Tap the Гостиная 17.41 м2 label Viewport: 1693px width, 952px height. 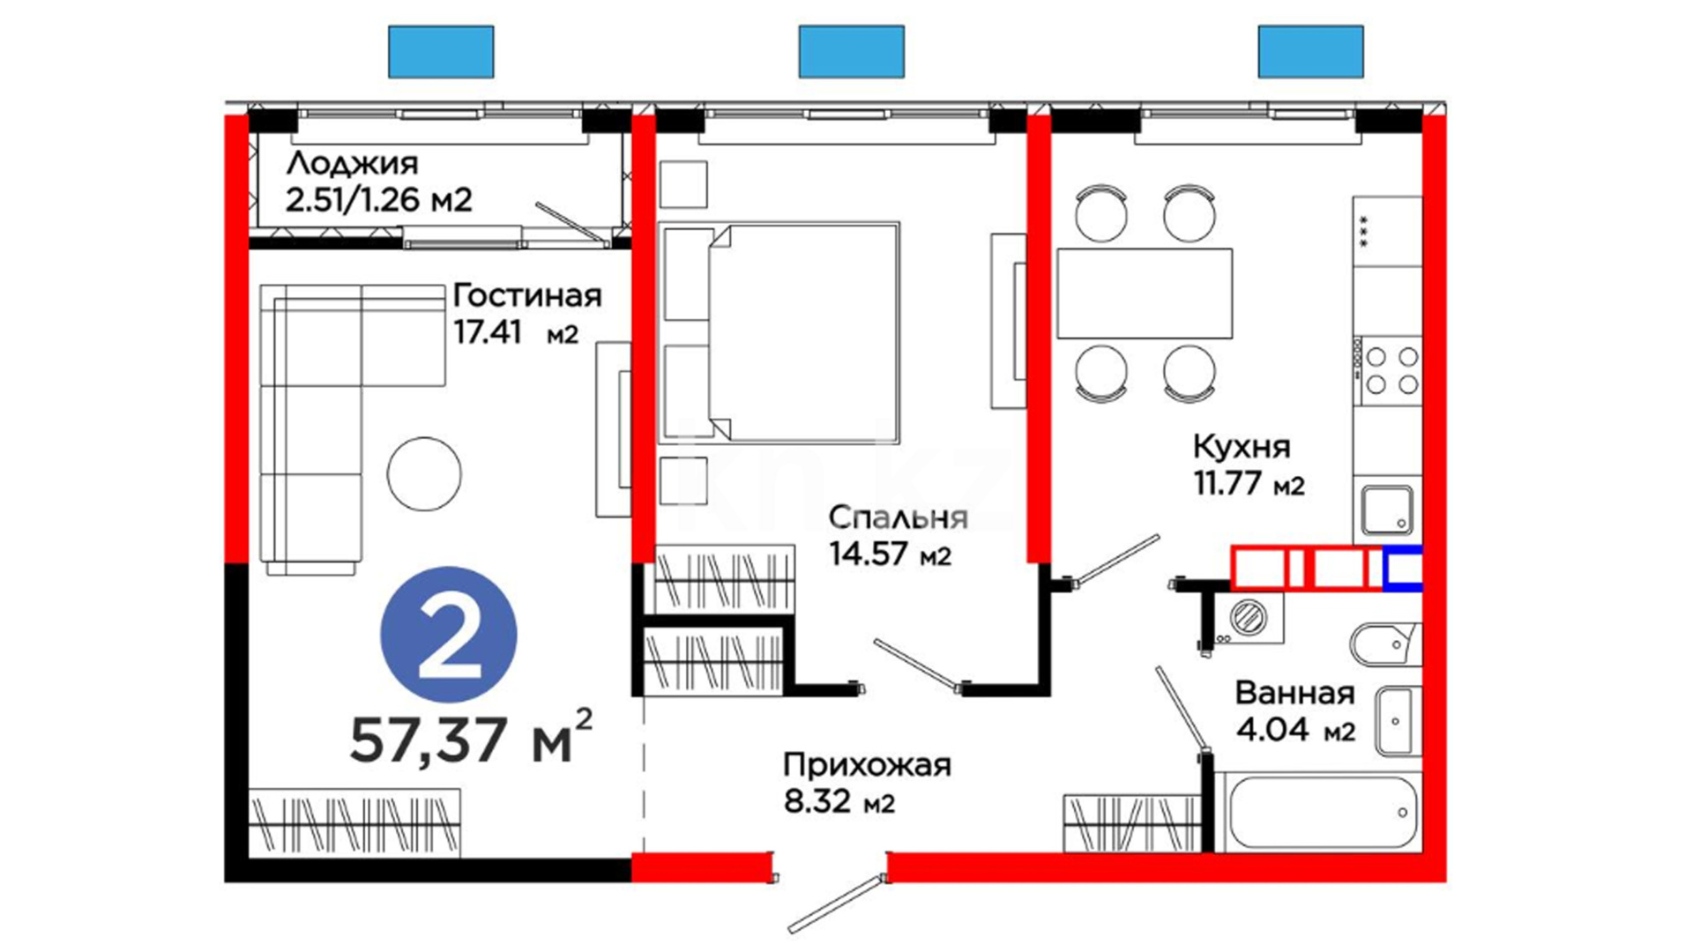tap(526, 314)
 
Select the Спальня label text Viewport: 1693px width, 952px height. tap(899, 517)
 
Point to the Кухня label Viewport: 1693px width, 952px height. tap(1242, 447)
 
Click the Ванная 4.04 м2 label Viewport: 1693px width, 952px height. tap(1295, 711)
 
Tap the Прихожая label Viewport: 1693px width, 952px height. tap(868, 765)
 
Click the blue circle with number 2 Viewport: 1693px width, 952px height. tap(449, 635)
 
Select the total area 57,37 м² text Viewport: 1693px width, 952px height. tap(471, 736)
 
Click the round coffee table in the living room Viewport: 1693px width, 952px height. tap(424, 474)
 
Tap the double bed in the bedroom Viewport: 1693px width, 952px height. tap(779, 332)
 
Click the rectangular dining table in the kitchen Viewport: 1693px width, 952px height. tap(1145, 294)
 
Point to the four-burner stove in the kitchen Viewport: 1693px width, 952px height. tap(1388, 370)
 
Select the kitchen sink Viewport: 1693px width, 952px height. tap(1387, 510)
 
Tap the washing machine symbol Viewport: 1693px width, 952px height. tap(1247, 617)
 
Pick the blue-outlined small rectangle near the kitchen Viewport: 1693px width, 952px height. tap(1402, 569)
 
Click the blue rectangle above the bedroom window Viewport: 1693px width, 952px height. tap(851, 51)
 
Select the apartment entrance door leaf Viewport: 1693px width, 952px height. tap(836, 904)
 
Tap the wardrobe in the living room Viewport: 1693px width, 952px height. tap(354, 823)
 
